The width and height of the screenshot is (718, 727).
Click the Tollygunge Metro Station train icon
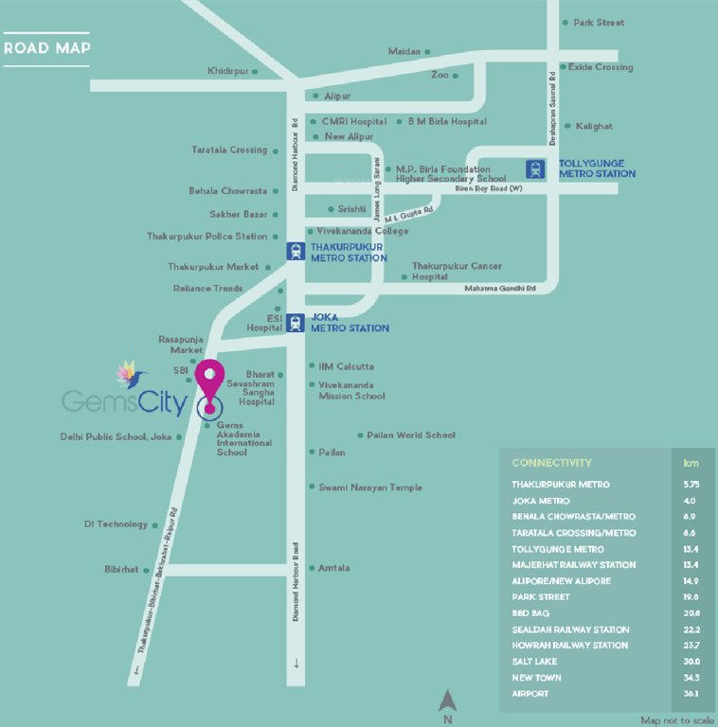pyautogui.click(x=536, y=169)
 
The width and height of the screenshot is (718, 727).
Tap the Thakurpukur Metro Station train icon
pyautogui.click(x=296, y=252)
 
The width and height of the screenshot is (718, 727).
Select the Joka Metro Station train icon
pyautogui.click(x=296, y=322)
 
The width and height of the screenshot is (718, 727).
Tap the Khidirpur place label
pyautogui.click(x=227, y=71)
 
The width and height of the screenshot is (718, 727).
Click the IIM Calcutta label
pyautogui.click(x=347, y=366)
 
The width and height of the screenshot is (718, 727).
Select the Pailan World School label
pyautogui.click(x=411, y=435)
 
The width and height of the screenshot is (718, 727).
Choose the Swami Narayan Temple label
pyautogui.click(x=370, y=488)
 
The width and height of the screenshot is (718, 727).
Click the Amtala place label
pyautogui.click(x=334, y=568)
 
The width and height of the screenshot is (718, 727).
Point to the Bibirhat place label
pyautogui.click(x=121, y=570)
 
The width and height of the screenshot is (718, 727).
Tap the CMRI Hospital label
pyautogui.click(x=354, y=121)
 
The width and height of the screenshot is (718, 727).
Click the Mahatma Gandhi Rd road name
pyautogui.click(x=500, y=288)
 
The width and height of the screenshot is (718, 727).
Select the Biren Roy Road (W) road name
pyautogui.click(x=489, y=188)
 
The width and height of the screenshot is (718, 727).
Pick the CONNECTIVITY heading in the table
pyautogui.click(x=551, y=463)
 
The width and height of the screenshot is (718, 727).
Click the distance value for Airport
pyautogui.click(x=691, y=694)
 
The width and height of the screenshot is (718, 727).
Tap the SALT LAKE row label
pyautogui.click(x=536, y=662)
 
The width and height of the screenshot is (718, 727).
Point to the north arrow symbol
pyautogui.click(x=448, y=700)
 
